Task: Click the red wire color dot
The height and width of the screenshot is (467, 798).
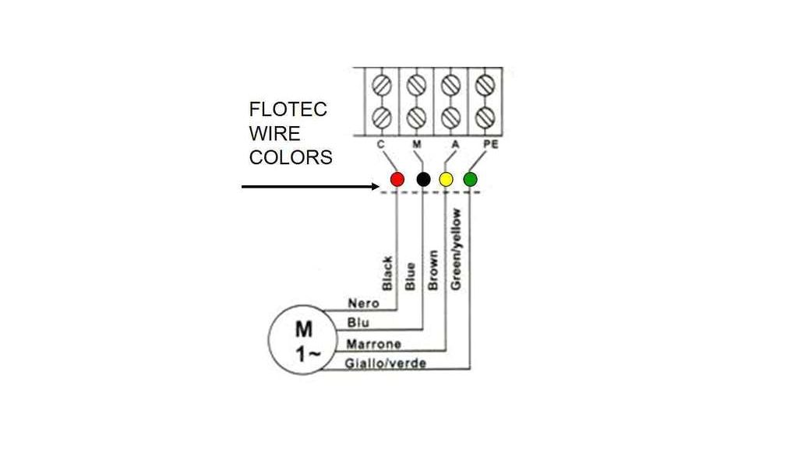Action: coord(397,180)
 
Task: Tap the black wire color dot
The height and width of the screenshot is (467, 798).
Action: coord(423,180)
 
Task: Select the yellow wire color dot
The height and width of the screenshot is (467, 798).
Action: coord(446,180)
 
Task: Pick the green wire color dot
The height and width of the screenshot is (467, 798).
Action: coord(470,180)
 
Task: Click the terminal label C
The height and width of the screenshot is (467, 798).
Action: coord(380,145)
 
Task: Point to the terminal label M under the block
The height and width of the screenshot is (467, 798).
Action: coord(417,145)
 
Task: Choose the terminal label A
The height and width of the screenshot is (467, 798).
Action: coord(454,145)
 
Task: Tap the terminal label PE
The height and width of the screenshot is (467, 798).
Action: coord(491,145)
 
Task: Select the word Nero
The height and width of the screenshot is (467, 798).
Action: coord(362,304)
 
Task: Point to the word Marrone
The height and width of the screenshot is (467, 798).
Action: coord(373,344)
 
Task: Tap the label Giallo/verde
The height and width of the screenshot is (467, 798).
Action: coord(386,363)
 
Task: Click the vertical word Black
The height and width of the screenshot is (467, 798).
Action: coord(387,274)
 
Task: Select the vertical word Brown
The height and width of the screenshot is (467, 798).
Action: coord(433,271)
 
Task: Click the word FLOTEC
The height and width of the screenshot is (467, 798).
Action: coord(288,110)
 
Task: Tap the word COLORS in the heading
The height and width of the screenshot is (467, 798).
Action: coord(291,157)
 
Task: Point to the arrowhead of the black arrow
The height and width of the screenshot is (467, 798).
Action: coord(376,187)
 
